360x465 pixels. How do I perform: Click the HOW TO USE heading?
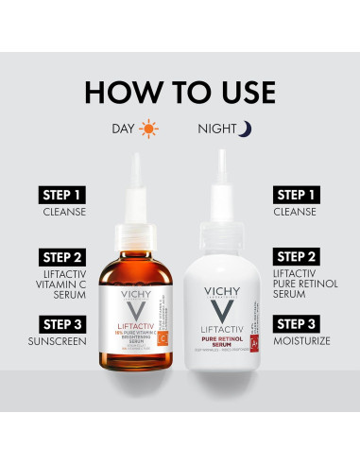tap(180, 92)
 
